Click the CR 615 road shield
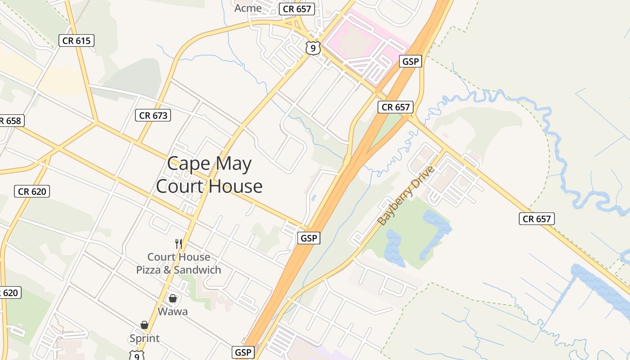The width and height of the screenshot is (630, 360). point(76,40)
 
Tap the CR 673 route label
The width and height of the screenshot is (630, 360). point(153,115)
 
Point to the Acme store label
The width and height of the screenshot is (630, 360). point(248,8)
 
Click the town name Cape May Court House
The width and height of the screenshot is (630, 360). point(209,175)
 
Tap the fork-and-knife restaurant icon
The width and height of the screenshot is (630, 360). point(179,244)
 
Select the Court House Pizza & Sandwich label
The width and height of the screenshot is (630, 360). point(179,263)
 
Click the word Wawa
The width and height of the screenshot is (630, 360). point(173,311)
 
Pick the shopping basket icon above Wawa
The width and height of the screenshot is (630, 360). point(173,298)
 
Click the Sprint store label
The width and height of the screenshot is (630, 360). point(144,338)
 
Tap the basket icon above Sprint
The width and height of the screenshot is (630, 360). point(144,325)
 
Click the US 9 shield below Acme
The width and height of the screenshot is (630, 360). point(312,47)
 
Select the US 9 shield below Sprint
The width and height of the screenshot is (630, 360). point(136,355)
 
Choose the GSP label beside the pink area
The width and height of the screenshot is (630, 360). point(410,61)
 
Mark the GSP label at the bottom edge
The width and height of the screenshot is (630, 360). point(243,352)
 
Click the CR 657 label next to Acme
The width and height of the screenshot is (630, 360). point(297,9)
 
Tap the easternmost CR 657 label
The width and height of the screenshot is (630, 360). point(536,219)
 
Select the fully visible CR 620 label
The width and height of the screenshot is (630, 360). point(31,191)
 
